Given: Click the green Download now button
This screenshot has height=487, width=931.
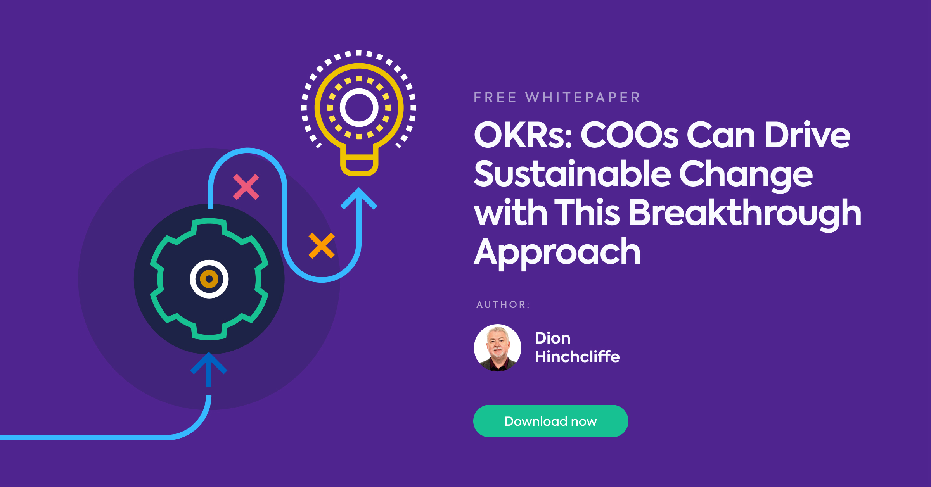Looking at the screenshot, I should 550,421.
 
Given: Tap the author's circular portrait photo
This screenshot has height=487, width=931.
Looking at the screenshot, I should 498,348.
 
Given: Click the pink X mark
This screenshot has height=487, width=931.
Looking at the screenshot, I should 246,187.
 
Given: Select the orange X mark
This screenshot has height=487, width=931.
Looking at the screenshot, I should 322,245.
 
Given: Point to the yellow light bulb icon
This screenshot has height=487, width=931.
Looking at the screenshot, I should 359,112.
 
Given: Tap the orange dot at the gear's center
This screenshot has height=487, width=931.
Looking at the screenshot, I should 209,279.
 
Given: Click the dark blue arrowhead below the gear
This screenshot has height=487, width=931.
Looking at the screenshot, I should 209,364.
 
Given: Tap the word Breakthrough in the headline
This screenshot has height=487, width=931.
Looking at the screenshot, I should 745,213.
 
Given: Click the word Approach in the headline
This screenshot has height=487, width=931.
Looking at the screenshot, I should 557,252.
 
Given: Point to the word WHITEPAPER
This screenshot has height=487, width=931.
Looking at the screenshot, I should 583,97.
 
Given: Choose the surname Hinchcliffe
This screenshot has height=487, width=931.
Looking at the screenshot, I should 577,357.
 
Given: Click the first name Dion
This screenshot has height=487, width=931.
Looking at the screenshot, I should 552,338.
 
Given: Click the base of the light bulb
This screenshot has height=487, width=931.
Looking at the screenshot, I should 359,165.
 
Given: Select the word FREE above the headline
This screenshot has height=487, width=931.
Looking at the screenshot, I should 495,97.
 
